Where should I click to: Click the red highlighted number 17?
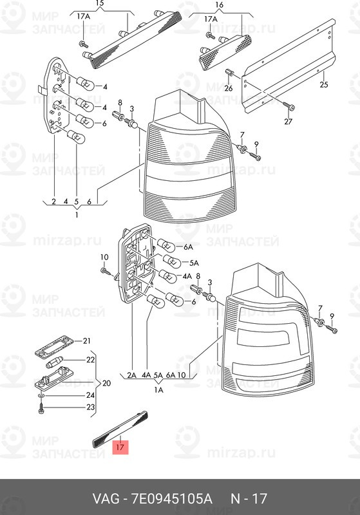(x=120, y=447)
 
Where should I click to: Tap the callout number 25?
(x=324, y=85)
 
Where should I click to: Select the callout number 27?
(x=288, y=122)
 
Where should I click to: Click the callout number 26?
(x=228, y=88)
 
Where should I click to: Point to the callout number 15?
(x=100, y=4)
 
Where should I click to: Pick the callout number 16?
(x=220, y=5)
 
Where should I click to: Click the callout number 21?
(x=86, y=341)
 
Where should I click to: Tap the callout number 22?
(x=90, y=360)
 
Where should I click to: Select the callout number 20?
(x=106, y=383)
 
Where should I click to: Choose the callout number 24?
(x=90, y=395)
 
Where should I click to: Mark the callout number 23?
(x=90, y=407)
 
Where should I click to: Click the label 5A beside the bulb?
(x=194, y=263)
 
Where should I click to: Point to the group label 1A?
(x=158, y=390)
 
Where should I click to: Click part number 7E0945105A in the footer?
(x=172, y=499)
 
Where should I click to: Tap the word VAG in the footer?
(x=106, y=499)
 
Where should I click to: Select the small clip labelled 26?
(x=229, y=73)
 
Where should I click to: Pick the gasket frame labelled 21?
(x=54, y=346)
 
